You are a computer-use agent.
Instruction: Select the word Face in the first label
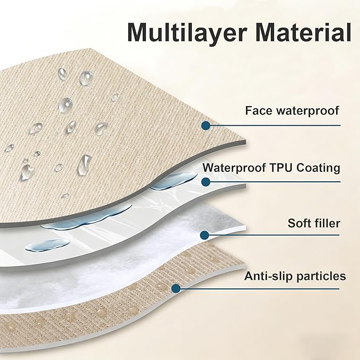[259, 110]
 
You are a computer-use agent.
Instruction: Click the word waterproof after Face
[308, 111]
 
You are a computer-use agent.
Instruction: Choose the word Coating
[318, 168]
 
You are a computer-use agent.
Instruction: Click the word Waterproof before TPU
[234, 168]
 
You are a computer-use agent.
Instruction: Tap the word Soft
[298, 223]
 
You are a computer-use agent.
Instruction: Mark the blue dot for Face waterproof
[206, 126]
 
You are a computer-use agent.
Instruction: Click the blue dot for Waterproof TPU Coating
[206, 182]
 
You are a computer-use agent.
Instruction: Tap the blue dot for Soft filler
[205, 235]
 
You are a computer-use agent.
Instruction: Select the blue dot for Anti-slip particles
[176, 288]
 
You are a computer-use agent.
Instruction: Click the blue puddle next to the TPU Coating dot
[174, 181]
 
